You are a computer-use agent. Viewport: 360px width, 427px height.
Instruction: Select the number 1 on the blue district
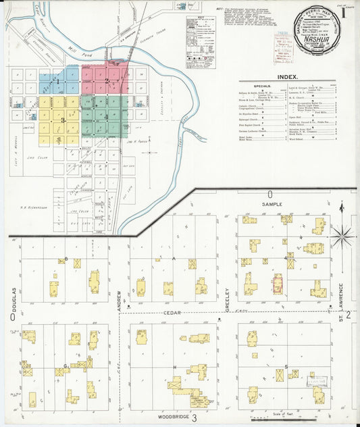pyautogui.click(x=58, y=82)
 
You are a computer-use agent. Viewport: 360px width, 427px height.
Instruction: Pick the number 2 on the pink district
pyautogui.click(x=106, y=81)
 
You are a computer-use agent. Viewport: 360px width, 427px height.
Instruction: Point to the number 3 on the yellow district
pyautogui.click(x=62, y=120)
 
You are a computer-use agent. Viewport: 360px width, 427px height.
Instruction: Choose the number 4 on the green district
pyautogui.click(x=106, y=117)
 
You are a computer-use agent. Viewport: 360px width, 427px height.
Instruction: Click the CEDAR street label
pyautogui.click(x=170, y=313)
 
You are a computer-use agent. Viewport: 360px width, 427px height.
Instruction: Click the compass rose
pyautogui.click(x=342, y=236)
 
